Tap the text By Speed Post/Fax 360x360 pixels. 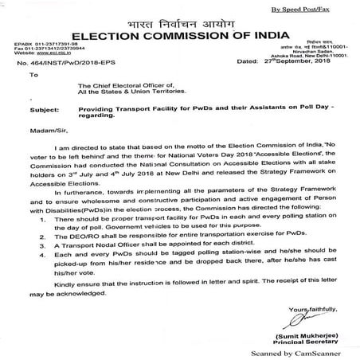(x=314, y=9)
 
